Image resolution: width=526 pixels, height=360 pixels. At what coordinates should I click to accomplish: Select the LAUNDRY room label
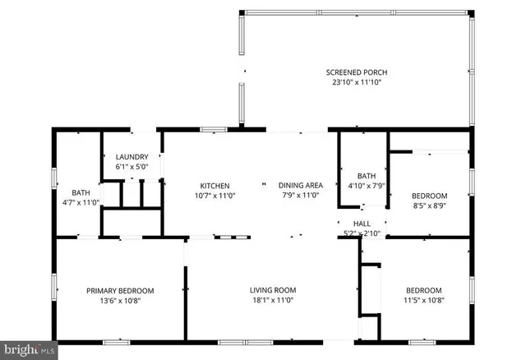click(131, 157)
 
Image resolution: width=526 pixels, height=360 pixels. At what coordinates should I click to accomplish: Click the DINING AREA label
click(301, 186)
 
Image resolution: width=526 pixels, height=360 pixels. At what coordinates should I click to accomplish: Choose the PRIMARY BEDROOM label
click(120, 290)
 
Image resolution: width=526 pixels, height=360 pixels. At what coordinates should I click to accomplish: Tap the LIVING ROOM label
click(273, 290)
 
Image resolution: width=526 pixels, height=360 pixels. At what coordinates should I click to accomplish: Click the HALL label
click(362, 224)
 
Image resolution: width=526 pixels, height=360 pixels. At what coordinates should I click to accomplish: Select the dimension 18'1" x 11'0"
click(273, 301)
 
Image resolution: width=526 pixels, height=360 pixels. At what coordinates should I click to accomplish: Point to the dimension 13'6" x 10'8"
click(120, 301)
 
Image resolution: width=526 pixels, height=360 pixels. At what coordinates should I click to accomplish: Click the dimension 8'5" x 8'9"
click(429, 206)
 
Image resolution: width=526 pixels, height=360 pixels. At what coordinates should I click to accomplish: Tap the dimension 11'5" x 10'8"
click(424, 301)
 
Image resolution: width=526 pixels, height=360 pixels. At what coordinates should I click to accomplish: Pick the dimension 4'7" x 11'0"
click(81, 202)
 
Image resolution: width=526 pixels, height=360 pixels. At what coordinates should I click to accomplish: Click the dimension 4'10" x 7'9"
click(367, 187)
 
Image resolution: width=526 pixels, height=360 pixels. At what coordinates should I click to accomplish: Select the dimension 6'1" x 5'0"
click(131, 168)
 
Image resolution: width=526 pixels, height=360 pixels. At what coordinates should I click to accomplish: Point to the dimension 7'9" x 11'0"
click(301, 196)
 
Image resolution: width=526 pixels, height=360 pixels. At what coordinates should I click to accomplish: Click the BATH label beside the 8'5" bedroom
click(367, 176)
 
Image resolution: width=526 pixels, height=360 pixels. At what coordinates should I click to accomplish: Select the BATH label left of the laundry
click(81, 192)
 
